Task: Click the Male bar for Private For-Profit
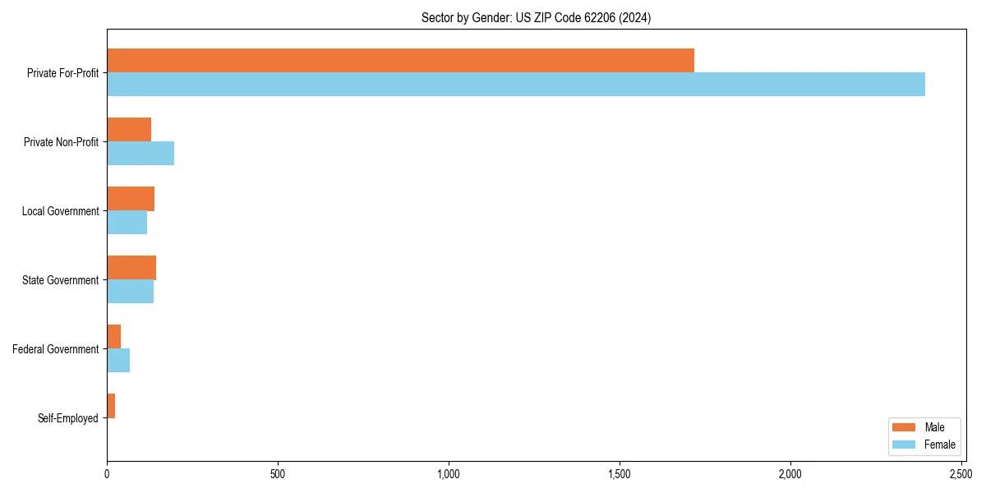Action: click(400, 61)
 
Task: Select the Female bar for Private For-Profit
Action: click(516, 85)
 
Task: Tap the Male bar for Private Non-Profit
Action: click(129, 130)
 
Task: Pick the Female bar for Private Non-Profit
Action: click(141, 154)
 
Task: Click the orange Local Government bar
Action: click(131, 199)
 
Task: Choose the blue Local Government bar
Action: click(127, 223)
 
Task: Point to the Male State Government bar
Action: click(131, 268)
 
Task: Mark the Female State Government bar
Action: click(130, 292)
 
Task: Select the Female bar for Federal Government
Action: click(118, 361)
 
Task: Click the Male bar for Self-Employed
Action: click(111, 406)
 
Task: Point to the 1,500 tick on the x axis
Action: click(620, 474)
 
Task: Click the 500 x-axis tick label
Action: click(278, 474)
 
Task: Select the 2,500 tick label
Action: click(961, 474)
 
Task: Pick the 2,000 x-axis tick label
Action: click(790, 474)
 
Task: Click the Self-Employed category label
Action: click(68, 418)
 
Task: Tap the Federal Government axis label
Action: click(56, 349)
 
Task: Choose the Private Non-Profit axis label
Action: click(61, 142)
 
